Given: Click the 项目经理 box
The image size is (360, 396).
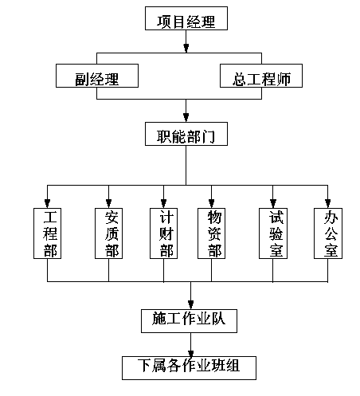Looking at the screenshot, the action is pyautogui.click(x=186, y=18).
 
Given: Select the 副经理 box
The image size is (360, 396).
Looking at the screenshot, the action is pyautogui.click(x=97, y=76).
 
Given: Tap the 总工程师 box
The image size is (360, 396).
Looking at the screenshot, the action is pyautogui.click(x=261, y=76).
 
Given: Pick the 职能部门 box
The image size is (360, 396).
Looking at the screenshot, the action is pyautogui.click(x=186, y=134).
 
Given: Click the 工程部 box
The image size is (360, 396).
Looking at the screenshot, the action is pyautogui.click(x=47, y=233).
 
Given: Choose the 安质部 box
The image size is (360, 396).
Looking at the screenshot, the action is pyautogui.click(x=108, y=233).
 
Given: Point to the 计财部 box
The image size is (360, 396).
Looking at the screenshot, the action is pyautogui.click(x=163, y=233).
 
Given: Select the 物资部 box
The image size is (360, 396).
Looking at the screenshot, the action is pyautogui.click(x=211, y=233).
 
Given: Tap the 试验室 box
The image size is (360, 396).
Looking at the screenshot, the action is pyautogui.click(x=273, y=233).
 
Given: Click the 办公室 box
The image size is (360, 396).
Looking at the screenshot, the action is pyautogui.click(x=328, y=233).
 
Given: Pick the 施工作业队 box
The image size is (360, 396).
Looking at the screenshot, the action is pyautogui.click(x=189, y=321).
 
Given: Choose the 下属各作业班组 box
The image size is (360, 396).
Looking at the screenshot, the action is pyautogui.click(x=189, y=368).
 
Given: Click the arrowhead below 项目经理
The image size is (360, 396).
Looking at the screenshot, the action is pyautogui.click(x=186, y=48).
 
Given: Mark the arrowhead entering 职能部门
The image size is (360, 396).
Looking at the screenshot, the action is pyautogui.click(x=186, y=117).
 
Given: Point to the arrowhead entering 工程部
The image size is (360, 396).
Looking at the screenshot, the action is pyautogui.click(x=47, y=203).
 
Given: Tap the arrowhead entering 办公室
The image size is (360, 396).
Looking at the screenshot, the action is pyautogui.click(x=328, y=203).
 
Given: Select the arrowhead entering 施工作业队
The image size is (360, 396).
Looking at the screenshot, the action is pyautogui.click(x=190, y=304).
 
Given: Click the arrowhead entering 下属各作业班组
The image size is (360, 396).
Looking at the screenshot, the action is pyautogui.click(x=190, y=353).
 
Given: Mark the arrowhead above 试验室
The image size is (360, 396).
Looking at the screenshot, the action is pyautogui.click(x=273, y=203).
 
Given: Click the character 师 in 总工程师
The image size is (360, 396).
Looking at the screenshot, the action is pyautogui.click(x=284, y=79).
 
